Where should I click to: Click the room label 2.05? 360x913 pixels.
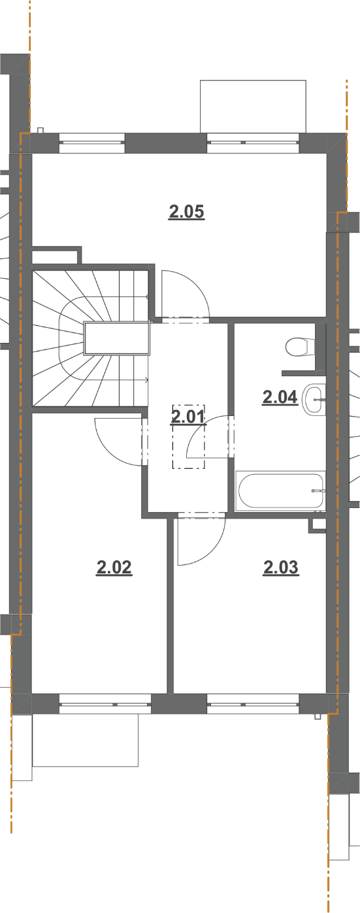[x=186, y=212]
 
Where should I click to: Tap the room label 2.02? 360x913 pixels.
[x=114, y=568]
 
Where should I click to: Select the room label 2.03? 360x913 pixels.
[x=281, y=568]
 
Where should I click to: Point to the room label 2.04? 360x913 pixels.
[x=280, y=397]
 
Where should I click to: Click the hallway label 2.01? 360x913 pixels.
[x=188, y=417]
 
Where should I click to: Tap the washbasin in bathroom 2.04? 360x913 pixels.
[x=314, y=400]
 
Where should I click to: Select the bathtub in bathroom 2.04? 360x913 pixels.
[x=280, y=490]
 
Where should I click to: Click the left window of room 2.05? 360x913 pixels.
[x=91, y=142]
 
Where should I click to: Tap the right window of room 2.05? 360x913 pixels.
[x=254, y=142]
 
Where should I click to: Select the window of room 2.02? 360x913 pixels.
[x=105, y=704]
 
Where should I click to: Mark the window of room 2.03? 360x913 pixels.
[x=254, y=704]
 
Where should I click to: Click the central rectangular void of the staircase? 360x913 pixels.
[x=116, y=338]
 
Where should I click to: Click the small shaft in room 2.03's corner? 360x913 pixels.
[x=317, y=525]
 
